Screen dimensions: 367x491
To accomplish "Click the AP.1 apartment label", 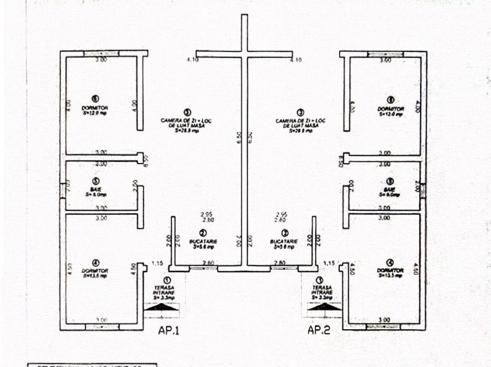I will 169,330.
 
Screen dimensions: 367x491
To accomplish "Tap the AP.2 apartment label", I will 319,330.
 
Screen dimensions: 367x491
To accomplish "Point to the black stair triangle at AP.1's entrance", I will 161,306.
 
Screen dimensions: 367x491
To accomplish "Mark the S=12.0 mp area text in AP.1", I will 95,114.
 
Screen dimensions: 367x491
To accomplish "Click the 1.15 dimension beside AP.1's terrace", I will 157,264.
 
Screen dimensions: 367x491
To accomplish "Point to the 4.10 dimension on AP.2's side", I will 295,60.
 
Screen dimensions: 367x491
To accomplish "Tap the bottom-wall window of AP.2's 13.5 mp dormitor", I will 383,326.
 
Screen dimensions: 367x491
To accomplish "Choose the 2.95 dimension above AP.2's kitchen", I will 280,215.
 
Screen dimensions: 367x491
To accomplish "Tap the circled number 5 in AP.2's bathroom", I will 390,181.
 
